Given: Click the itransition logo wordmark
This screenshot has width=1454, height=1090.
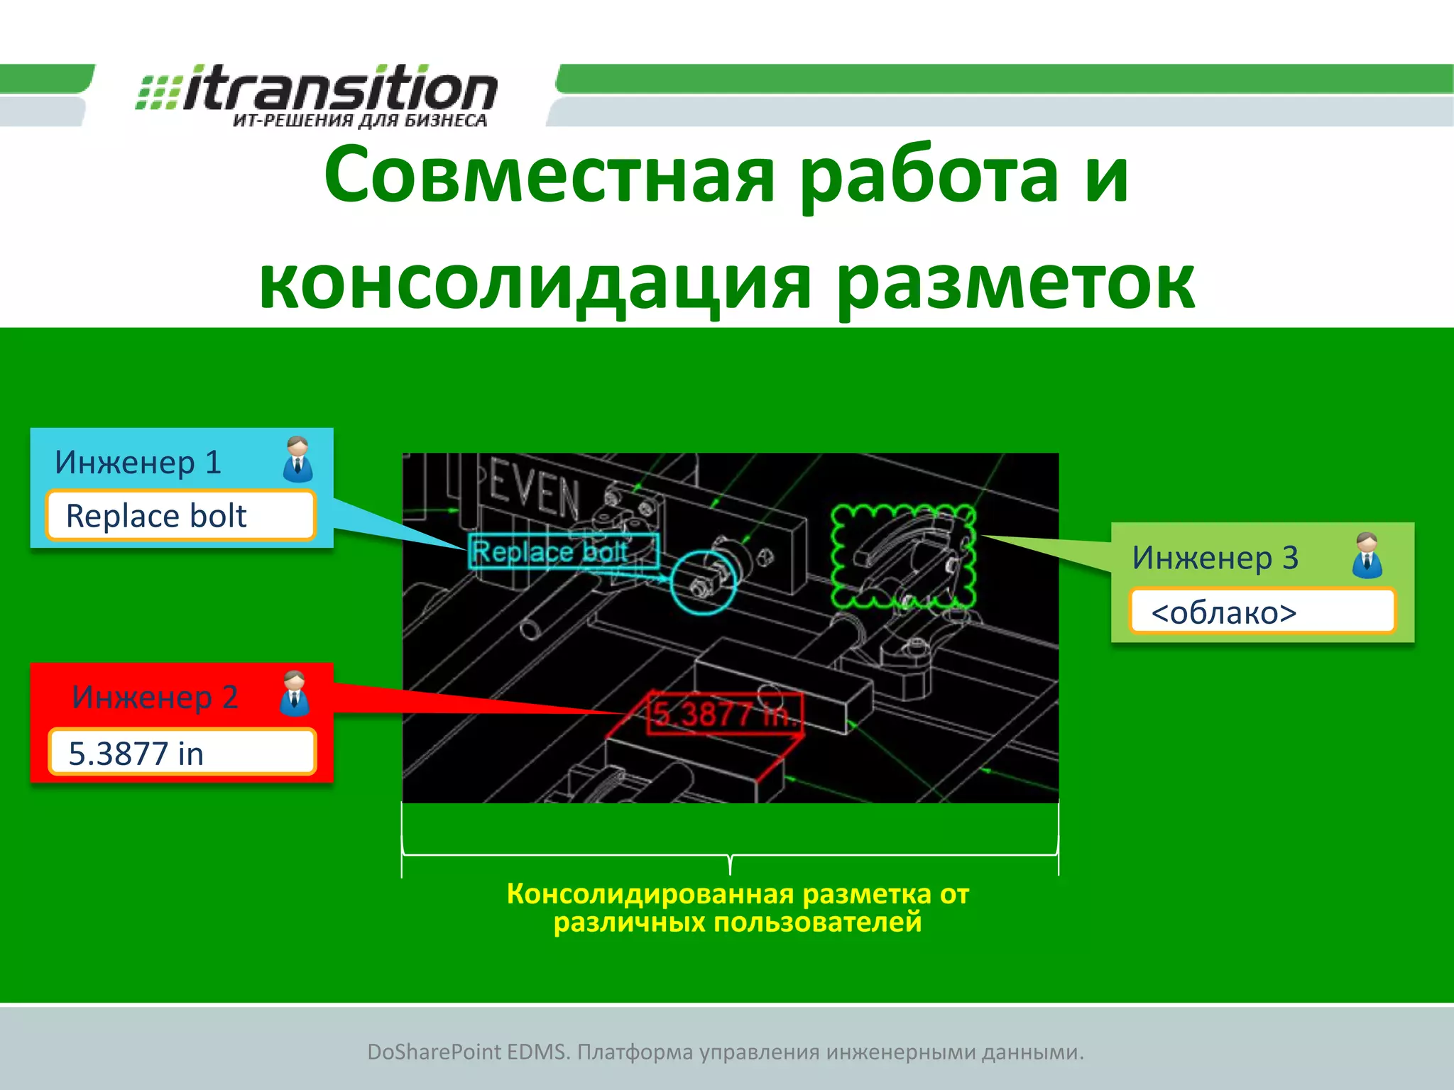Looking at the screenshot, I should point(339,90).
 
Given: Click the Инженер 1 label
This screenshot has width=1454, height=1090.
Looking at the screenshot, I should point(138,463).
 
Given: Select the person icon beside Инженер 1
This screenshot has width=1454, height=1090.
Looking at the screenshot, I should point(297,459).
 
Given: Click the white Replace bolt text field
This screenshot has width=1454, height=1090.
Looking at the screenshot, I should point(180,516).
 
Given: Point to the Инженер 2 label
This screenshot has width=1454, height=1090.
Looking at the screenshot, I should point(155,697).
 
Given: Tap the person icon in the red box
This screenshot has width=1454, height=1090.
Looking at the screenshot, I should point(294,693).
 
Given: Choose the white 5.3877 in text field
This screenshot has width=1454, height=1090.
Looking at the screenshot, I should point(182,753).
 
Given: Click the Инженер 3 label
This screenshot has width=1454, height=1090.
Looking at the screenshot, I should point(1215,558).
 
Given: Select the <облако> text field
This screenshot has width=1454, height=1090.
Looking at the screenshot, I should point(1262,612).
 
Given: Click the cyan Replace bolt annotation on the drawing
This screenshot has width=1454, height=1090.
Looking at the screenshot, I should point(562,552).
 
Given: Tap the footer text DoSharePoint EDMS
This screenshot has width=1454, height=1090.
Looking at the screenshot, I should point(469,1052).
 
